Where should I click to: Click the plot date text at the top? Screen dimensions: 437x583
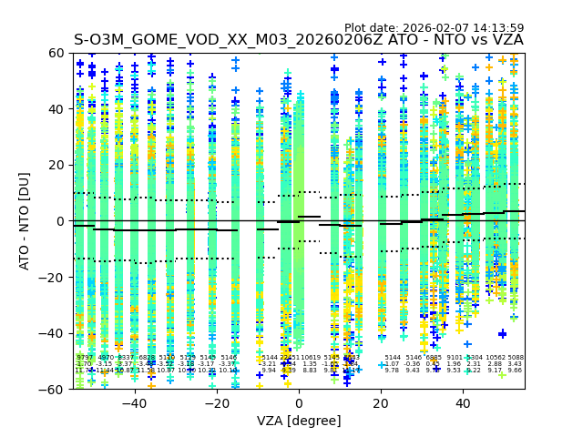[x=434, y=28]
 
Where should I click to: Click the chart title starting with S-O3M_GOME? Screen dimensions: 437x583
[x=299, y=40]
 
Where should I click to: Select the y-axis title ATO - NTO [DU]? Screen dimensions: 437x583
[x=25, y=221]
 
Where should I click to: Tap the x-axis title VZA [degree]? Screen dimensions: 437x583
[x=299, y=421]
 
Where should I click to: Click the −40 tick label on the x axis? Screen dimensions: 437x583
[x=134, y=403]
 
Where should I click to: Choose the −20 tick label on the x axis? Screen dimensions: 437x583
[x=216, y=403]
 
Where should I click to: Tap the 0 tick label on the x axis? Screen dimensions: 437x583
[x=299, y=403]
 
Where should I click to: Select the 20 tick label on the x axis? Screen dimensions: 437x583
[x=381, y=403]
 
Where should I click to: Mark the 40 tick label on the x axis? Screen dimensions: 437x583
[x=463, y=403]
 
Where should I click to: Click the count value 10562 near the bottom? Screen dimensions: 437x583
[x=496, y=358]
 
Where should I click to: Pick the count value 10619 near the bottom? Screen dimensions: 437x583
[x=311, y=358]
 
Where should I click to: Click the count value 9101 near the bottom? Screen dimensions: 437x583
[x=455, y=358]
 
